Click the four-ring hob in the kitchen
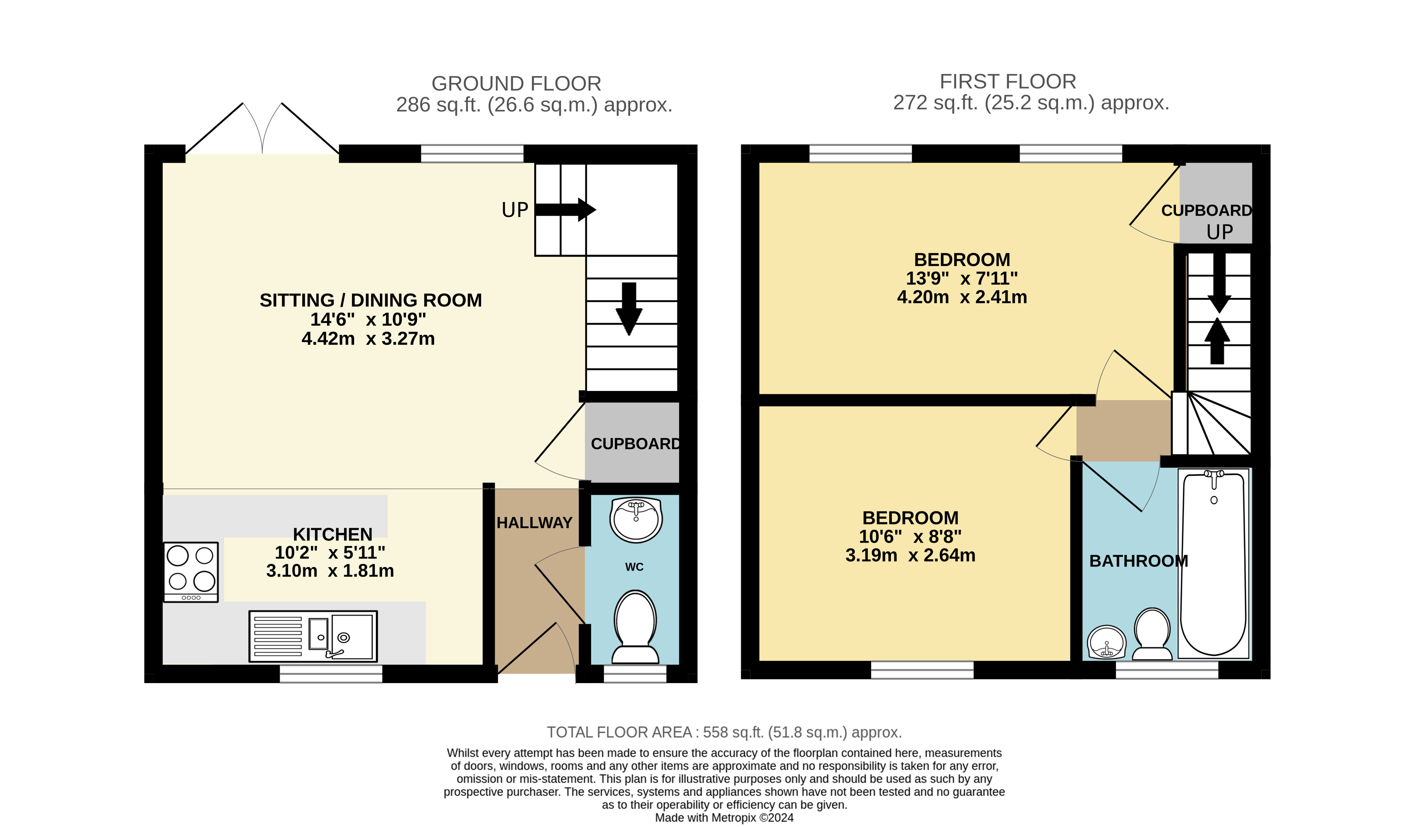tap(191, 572)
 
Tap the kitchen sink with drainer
tap(313, 636)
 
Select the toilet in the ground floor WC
tap(635, 626)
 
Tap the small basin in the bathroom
tap(1107, 642)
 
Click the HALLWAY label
tap(535, 523)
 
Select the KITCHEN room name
tap(333, 534)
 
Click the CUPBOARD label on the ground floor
tap(636, 444)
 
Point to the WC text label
tap(634, 567)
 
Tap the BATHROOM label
tap(1139, 561)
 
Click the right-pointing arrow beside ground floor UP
tap(565, 210)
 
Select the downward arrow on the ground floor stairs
tap(629, 309)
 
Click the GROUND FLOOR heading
tap(516, 84)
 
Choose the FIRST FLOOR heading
tap(1008, 82)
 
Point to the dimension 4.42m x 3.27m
tap(368, 339)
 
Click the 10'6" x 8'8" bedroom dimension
tap(910, 537)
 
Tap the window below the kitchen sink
tap(331, 674)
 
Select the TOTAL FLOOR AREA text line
tap(724, 733)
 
